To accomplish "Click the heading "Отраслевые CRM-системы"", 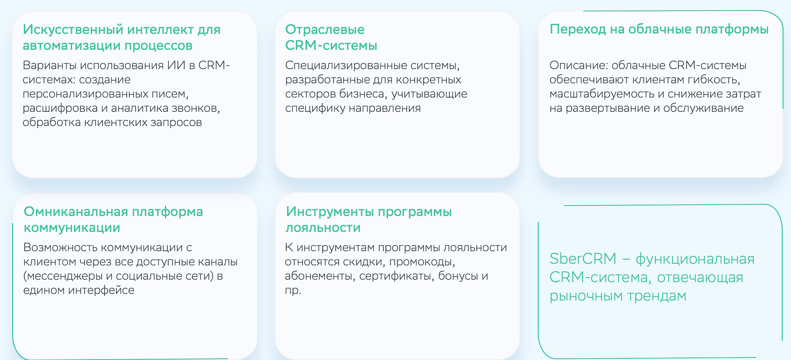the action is (331, 37).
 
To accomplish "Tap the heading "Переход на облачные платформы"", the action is (659, 29).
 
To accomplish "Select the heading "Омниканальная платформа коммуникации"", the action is (113, 219).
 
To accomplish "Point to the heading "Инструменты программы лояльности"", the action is (369, 219).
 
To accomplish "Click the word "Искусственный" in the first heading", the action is (73, 30).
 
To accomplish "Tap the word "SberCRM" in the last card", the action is (583, 259).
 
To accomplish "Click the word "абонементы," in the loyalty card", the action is (320, 276).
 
